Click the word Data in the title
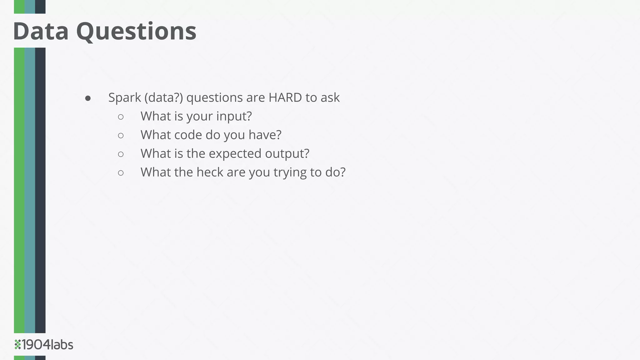click(41, 31)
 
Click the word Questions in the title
click(136, 32)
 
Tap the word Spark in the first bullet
click(125, 98)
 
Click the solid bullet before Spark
click(88, 98)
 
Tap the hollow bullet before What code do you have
click(121, 136)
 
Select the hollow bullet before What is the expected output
click(121, 154)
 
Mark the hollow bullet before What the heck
click(121, 173)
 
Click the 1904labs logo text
click(47, 345)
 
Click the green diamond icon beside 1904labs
click(17, 344)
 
